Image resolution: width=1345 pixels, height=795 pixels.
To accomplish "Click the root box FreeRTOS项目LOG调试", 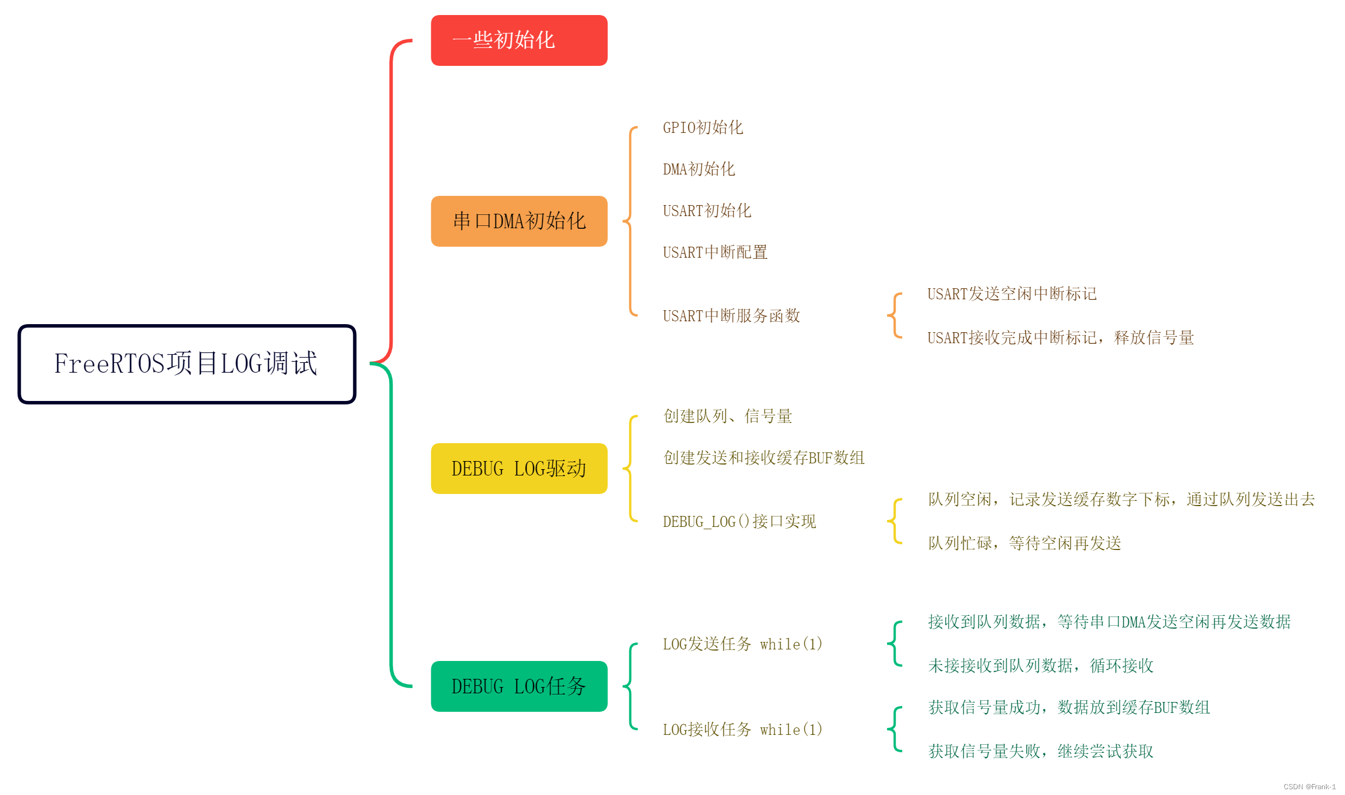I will [187, 364].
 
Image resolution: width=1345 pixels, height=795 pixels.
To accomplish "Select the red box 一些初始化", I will [519, 40].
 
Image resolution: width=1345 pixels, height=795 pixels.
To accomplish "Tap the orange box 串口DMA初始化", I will [519, 221].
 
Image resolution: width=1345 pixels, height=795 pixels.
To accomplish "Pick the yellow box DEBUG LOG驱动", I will [519, 469].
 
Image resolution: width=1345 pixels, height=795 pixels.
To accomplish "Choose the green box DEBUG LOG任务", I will [519, 686].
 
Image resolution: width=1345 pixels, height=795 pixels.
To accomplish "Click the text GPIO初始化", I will [702, 128].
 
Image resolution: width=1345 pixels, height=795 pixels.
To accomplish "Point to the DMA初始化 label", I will [698, 169].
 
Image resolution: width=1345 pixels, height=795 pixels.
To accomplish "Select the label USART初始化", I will [706, 211].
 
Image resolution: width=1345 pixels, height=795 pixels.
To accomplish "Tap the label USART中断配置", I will [714, 252].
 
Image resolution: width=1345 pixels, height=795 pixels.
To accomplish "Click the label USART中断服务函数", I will [731, 316].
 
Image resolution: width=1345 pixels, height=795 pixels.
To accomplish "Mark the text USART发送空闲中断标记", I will [1011, 294].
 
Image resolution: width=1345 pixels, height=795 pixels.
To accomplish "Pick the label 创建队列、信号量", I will [727, 416].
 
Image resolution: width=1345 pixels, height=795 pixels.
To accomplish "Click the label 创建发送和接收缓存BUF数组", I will [763, 458].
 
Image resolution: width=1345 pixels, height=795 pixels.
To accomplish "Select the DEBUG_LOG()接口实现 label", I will [739, 522].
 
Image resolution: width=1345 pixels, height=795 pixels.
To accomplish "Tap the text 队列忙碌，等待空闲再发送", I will [1024, 543].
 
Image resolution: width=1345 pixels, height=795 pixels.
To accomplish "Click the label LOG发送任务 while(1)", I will [742, 644].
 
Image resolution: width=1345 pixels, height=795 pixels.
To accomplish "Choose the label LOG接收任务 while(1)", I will [742, 730].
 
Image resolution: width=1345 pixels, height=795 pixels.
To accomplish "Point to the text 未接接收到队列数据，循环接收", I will [1040, 666].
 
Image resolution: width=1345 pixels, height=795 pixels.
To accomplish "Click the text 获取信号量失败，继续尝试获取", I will [1040, 751].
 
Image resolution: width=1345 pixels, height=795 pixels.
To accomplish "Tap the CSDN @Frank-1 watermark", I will [1309, 787].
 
